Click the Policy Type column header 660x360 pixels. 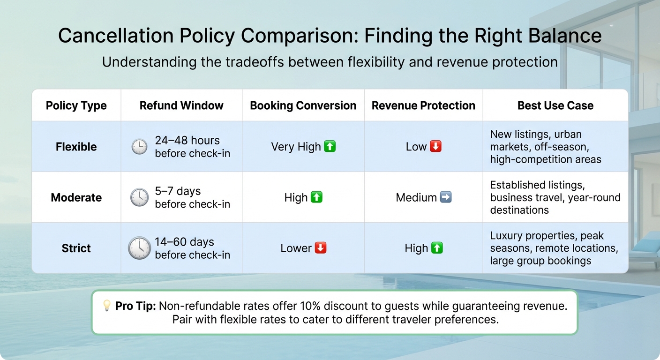pyautogui.click(x=76, y=105)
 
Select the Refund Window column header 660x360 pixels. pyautogui.click(x=181, y=105)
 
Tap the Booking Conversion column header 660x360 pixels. pyautogui.click(x=303, y=105)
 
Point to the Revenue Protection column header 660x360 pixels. pyautogui.click(x=423, y=105)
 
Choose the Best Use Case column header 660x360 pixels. pyautogui.click(x=555, y=105)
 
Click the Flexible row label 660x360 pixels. pyautogui.click(x=76, y=147)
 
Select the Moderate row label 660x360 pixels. pyautogui.click(x=76, y=197)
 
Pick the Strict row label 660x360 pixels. pyautogui.click(x=76, y=248)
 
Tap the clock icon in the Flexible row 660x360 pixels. pyautogui.click(x=139, y=147)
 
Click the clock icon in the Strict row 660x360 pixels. pyautogui.click(x=139, y=248)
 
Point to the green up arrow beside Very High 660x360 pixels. pyautogui.click(x=330, y=147)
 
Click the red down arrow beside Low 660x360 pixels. pyautogui.click(x=436, y=147)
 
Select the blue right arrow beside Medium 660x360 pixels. pyautogui.click(x=446, y=197)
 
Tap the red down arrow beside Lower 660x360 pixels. pyautogui.click(x=321, y=248)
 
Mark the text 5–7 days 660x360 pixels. pyautogui.click(x=178, y=191)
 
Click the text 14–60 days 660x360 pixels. pyautogui.click(x=184, y=242)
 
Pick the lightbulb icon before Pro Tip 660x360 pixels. pyautogui.click(x=107, y=306)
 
